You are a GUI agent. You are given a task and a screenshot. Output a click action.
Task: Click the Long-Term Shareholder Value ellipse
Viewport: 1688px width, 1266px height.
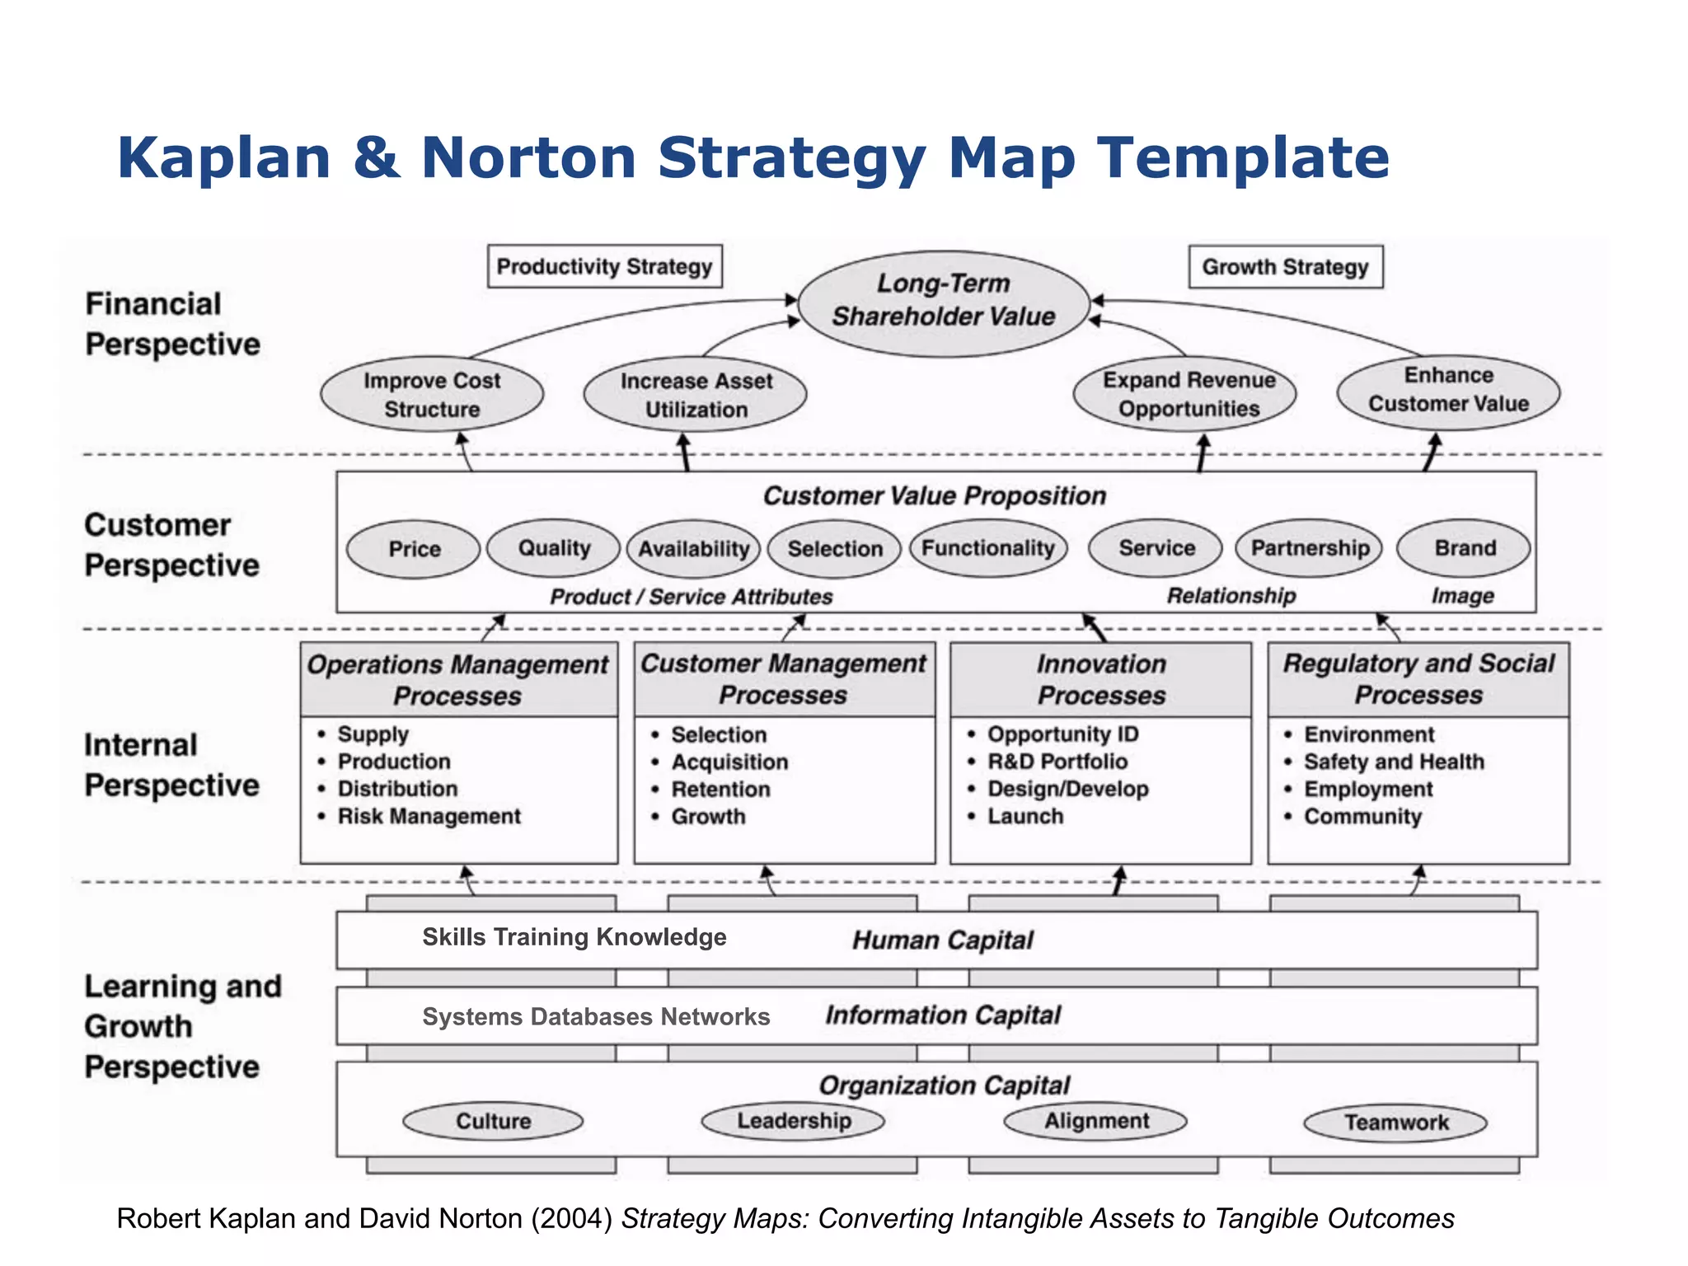tap(944, 301)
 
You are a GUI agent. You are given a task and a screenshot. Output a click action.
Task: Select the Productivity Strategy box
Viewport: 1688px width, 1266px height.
tap(604, 266)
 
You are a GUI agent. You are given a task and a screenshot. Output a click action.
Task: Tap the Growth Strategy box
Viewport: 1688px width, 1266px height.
tap(1285, 267)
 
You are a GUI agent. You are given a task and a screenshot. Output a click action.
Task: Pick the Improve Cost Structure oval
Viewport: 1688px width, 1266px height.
tap(432, 395)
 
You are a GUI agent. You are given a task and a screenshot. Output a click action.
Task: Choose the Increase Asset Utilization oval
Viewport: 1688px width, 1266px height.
tap(696, 395)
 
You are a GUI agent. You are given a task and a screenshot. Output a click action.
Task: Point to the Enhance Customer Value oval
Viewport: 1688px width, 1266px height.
tap(1448, 390)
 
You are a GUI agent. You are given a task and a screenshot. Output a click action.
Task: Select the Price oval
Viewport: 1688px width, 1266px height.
tap(414, 549)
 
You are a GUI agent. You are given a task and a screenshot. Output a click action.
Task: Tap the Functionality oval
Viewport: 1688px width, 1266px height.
tap(987, 548)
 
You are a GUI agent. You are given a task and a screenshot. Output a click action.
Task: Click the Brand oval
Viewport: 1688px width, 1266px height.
tap(1464, 548)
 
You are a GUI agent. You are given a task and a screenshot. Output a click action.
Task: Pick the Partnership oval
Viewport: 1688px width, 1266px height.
tap(1310, 548)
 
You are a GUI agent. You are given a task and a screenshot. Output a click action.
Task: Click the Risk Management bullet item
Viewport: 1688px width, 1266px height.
tap(429, 817)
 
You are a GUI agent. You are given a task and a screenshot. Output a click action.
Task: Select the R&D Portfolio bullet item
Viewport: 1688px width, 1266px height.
tap(1057, 762)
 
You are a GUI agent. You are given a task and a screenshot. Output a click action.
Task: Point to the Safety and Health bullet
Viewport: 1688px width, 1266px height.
tap(1394, 762)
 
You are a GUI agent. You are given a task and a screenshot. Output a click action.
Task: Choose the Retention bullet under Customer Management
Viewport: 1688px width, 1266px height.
tap(720, 790)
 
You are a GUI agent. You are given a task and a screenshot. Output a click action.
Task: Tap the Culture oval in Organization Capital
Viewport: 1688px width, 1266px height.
tap(493, 1121)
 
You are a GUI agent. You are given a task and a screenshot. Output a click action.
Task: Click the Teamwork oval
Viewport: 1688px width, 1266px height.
tap(1395, 1123)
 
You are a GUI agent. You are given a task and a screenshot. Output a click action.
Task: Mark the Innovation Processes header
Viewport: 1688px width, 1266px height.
tap(1101, 679)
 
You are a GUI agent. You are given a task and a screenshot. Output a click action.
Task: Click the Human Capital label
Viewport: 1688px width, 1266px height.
tap(942, 940)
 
